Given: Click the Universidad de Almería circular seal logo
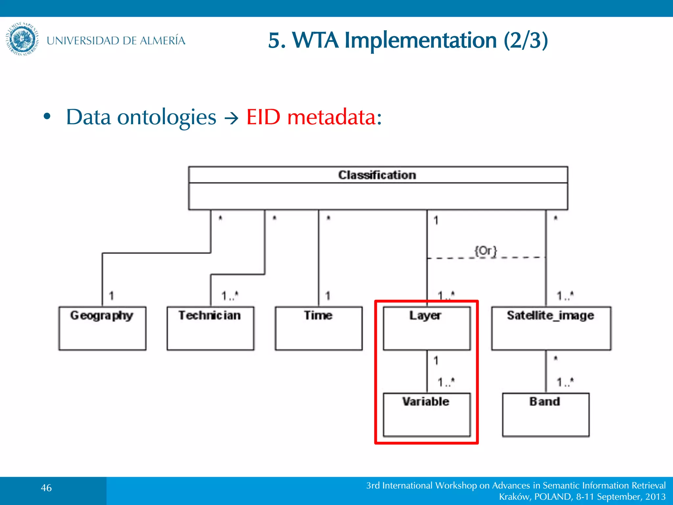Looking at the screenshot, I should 22,39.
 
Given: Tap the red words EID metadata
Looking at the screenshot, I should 313,117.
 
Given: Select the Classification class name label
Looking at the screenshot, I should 377,175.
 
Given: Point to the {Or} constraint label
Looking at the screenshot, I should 486,251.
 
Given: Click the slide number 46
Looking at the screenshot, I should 46,488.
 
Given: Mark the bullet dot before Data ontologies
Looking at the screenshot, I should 47,116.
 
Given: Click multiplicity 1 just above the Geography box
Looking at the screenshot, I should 111,296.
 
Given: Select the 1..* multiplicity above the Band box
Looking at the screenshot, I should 565,382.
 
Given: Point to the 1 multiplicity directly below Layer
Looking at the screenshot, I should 436,361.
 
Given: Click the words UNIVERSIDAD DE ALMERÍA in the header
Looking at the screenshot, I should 116,40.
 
